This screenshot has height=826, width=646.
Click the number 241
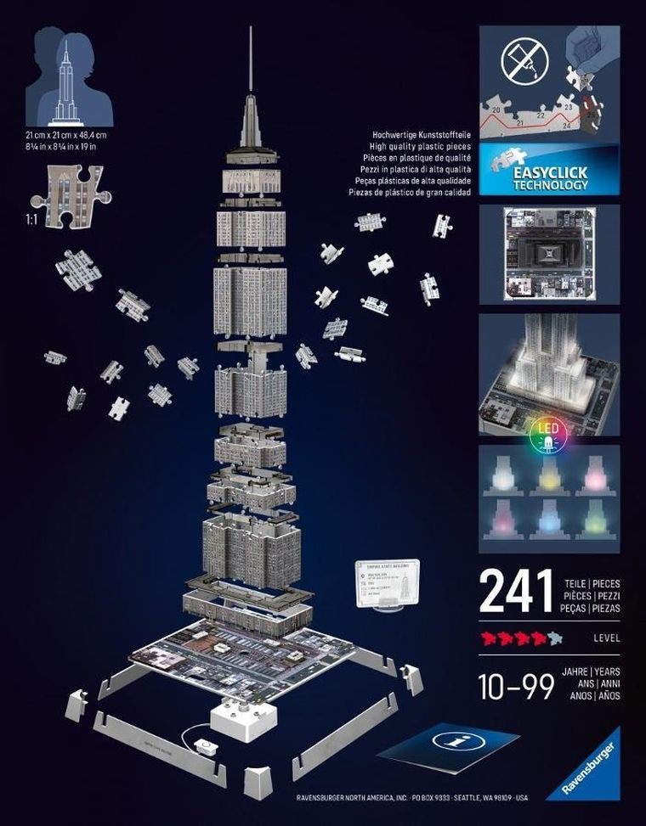pyautogui.click(x=515, y=592)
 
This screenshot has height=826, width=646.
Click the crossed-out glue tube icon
pyautogui.click(x=520, y=60)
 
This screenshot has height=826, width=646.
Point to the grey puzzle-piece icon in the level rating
pyautogui.click(x=555, y=636)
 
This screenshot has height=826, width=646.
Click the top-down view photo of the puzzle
pyautogui.click(x=548, y=252)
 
